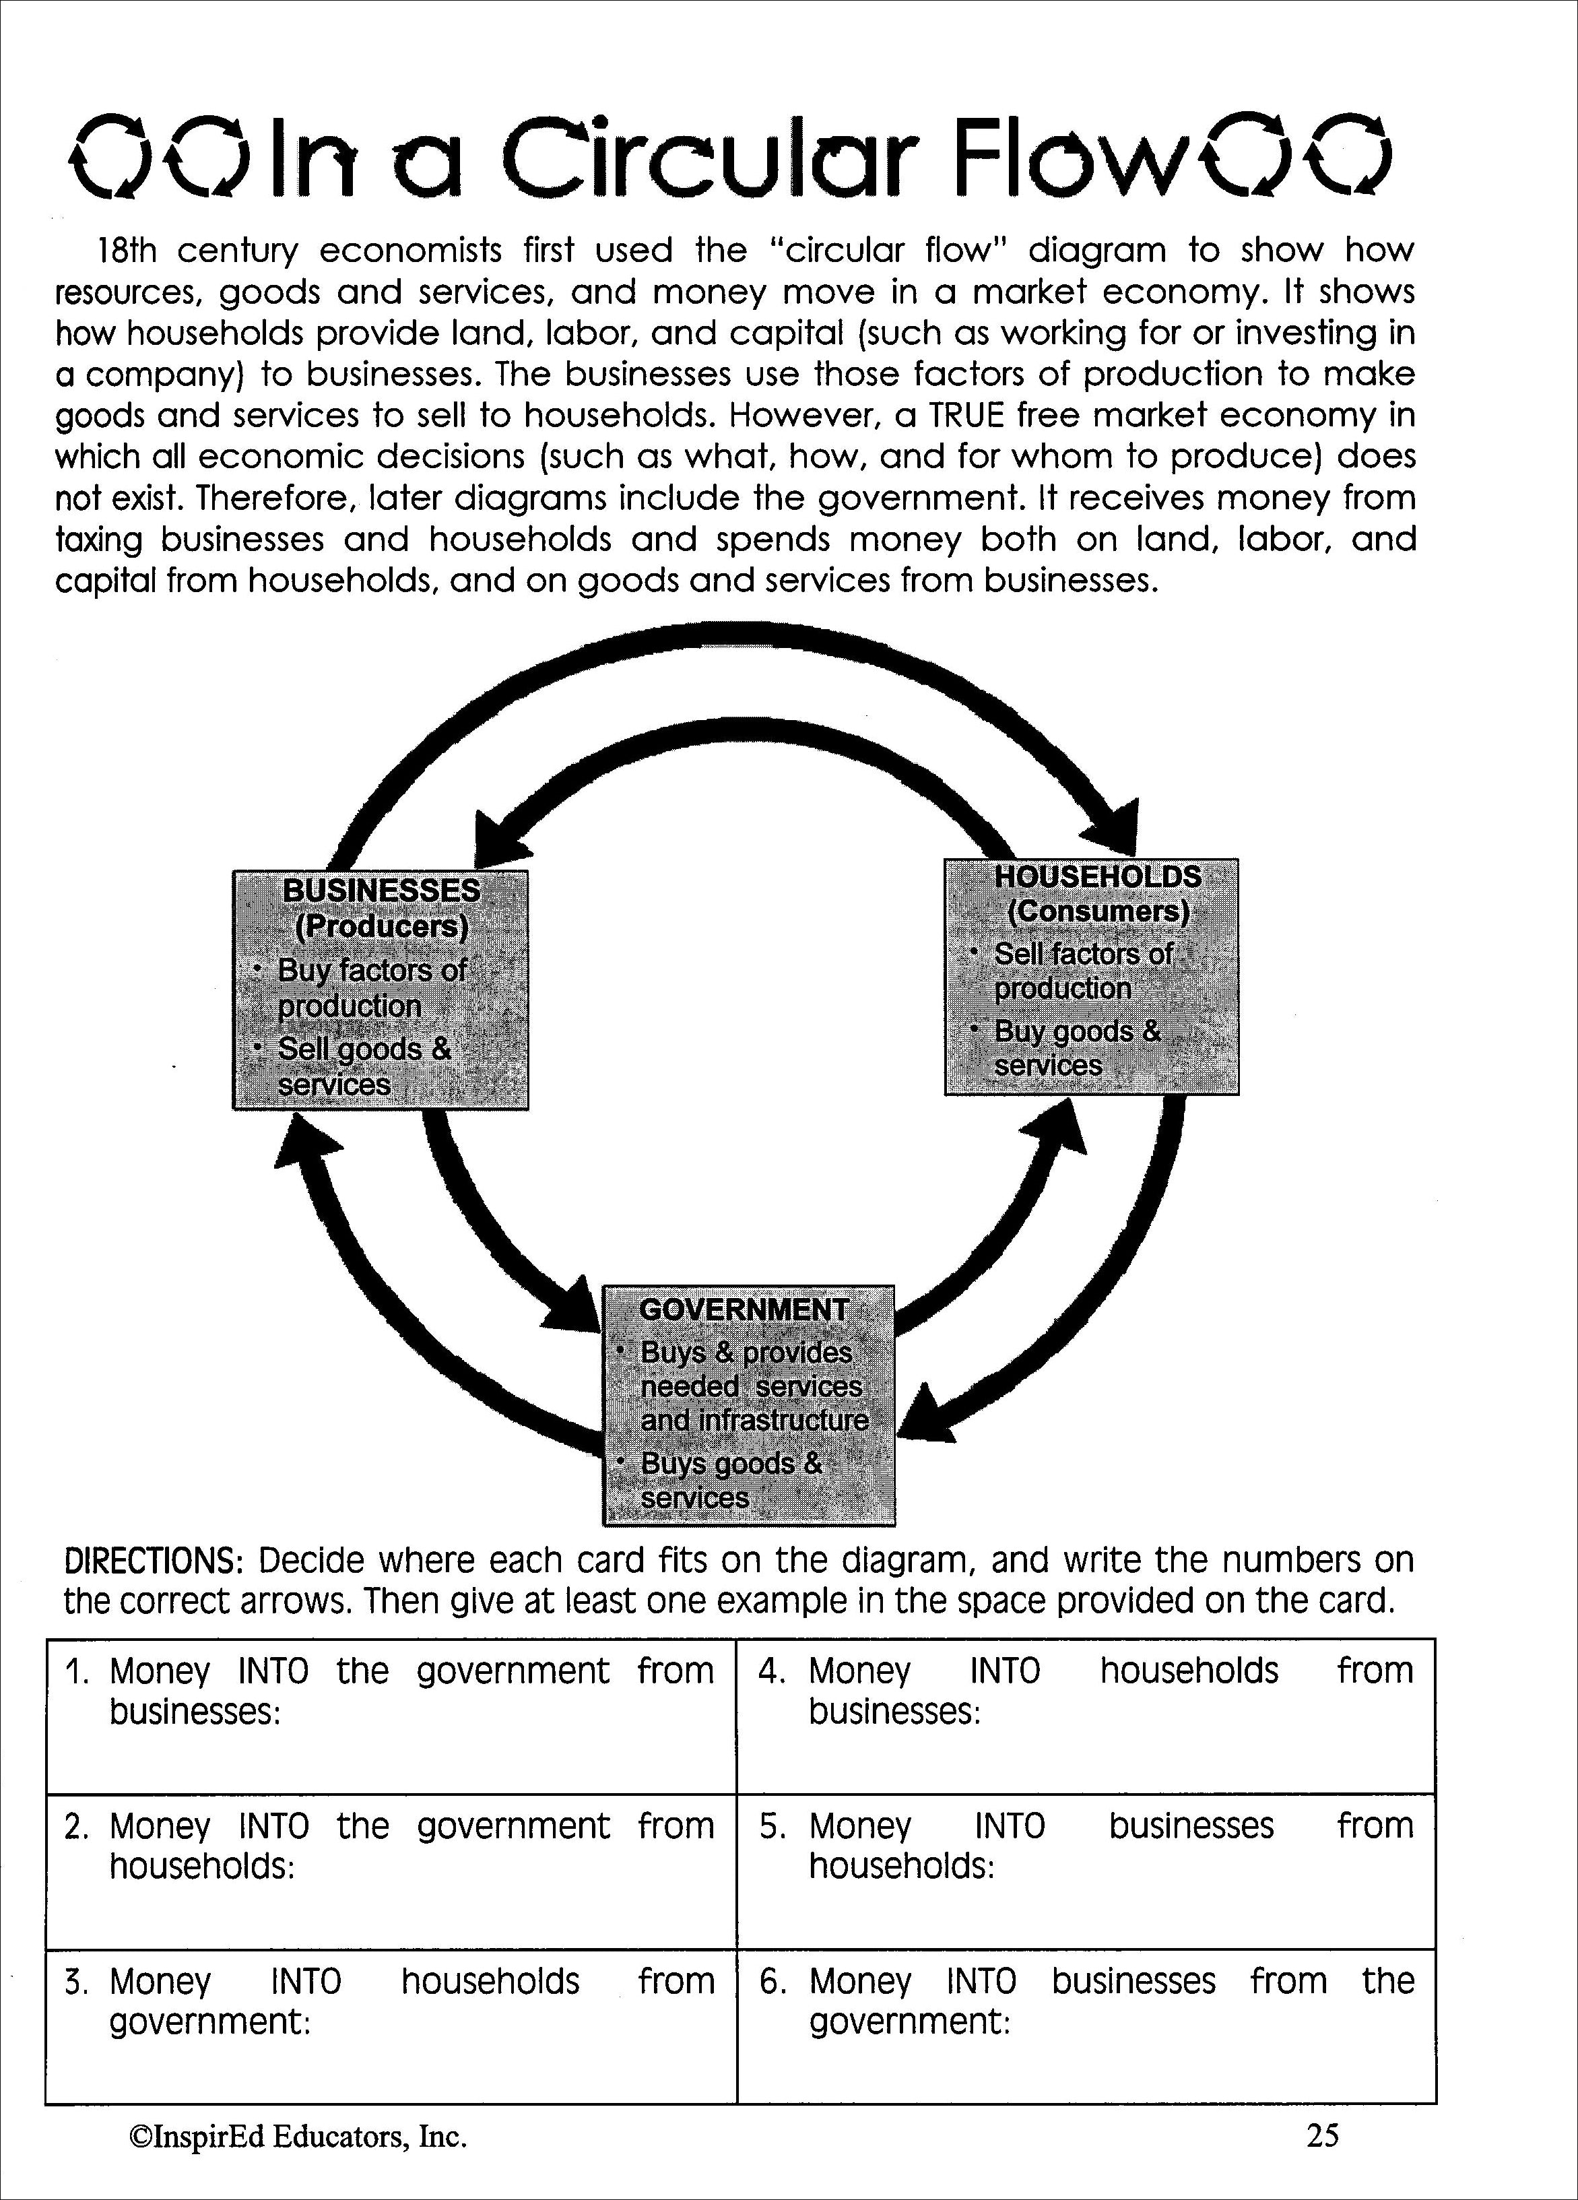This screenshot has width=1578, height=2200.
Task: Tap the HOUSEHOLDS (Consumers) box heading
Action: coord(1097,893)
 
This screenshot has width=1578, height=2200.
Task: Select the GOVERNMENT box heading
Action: coord(744,1309)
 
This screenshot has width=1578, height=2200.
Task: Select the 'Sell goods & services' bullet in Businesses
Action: coord(364,1067)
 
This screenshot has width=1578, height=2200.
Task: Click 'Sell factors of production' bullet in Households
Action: coord(1082,971)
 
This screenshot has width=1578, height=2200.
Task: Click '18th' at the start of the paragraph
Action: coord(125,251)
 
